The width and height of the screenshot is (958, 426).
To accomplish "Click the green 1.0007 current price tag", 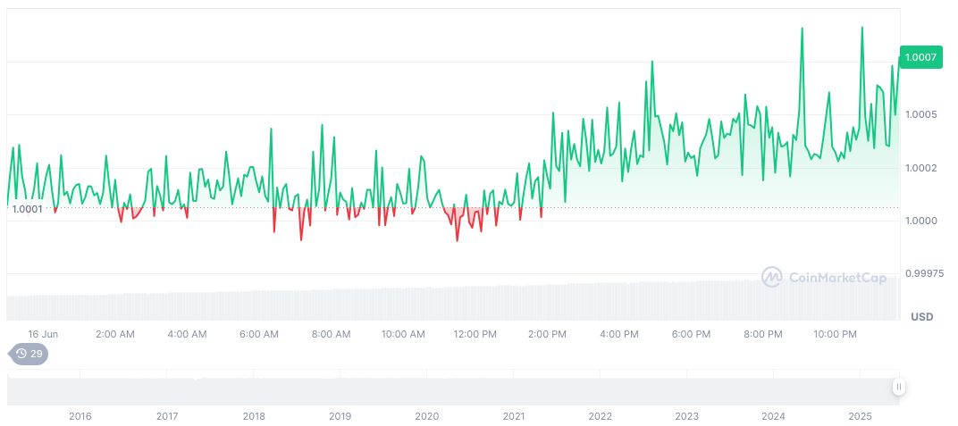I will [920, 57].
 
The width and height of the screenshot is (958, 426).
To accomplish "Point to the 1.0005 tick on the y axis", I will [920, 114].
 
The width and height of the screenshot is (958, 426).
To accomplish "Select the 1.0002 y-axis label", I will [920, 168].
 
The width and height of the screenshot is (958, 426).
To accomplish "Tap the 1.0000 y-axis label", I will [920, 221].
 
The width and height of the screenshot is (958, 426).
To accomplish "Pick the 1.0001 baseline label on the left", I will [27, 209].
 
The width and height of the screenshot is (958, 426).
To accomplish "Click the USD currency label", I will [921, 317].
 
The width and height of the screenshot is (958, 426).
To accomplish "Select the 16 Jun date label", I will [43, 334].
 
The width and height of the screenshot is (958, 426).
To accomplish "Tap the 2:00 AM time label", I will [115, 334].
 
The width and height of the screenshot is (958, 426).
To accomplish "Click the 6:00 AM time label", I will [259, 334].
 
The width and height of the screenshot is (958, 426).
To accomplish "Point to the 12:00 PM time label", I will [475, 334].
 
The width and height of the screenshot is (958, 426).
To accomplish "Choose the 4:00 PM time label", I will [618, 334].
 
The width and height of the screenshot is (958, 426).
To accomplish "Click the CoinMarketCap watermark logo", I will [823, 278].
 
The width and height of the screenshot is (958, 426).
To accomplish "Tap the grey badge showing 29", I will [29, 354].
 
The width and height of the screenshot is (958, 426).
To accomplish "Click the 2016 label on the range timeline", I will [80, 416].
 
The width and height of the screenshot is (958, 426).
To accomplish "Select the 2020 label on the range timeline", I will [427, 416].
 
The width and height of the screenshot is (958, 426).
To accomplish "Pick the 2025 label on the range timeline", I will [860, 416].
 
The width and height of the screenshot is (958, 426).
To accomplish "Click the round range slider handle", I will [898, 387].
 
